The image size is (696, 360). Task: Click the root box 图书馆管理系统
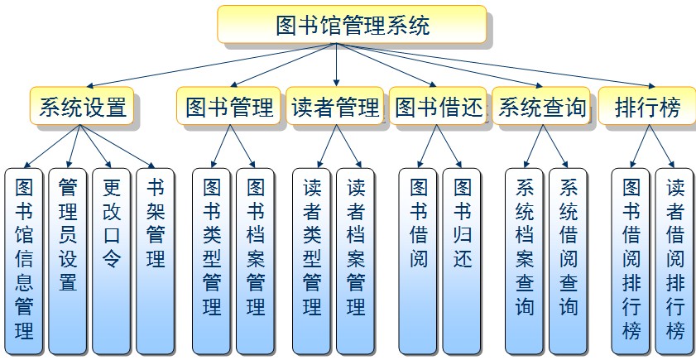pyautogui.click(x=351, y=25)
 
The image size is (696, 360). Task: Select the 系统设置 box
pyautogui.click(x=83, y=107)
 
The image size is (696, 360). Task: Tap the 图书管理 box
pyautogui.click(x=229, y=107)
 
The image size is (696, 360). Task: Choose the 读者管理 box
pyautogui.click(x=334, y=107)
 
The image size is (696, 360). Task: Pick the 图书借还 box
pyautogui.click(x=438, y=107)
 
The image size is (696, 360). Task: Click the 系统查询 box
pyautogui.click(x=542, y=107)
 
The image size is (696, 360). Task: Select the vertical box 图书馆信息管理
pyautogui.click(x=24, y=260)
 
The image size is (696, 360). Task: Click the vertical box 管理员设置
pyautogui.click(x=68, y=260)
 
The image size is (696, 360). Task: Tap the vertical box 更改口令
pyautogui.click(x=112, y=260)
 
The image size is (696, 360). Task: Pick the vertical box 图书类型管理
pyautogui.click(x=212, y=260)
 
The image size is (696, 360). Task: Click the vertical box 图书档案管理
pyautogui.click(x=256, y=260)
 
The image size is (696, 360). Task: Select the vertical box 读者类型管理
pyautogui.click(x=312, y=260)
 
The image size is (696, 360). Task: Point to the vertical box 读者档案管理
pyautogui.click(x=356, y=260)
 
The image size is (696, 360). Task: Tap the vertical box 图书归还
pyautogui.click(x=463, y=260)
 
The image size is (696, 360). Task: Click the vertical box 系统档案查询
pyautogui.click(x=525, y=260)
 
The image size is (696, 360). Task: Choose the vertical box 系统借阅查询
pyautogui.click(x=569, y=260)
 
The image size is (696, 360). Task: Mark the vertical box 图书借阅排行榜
pyautogui.click(x=631, y=260)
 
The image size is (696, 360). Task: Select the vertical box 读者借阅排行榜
pyautogui.click(x=675, y=260)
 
